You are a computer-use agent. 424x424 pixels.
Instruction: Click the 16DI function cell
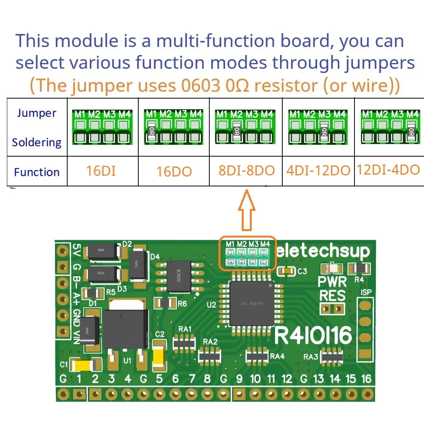(101, 171)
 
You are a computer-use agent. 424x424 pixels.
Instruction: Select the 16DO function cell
(174, 172)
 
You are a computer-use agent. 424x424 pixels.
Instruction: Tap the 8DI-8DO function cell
(246, 170)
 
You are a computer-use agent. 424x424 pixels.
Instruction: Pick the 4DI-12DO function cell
(318, 170)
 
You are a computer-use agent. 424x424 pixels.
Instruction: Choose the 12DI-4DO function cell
(388, 170)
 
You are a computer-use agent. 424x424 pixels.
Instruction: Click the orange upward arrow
(247, 210)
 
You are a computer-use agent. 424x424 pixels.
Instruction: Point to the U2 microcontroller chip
(252, 304)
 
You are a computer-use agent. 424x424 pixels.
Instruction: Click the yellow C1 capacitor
(83, 366)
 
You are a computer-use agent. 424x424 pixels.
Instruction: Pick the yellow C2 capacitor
(159, 358)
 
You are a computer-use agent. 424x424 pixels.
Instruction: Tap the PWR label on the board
(332, 282)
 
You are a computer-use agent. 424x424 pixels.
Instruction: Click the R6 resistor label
(182, 304)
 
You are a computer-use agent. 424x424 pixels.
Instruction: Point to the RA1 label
(185, 329)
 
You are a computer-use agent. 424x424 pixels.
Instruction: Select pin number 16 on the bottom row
(366, 379)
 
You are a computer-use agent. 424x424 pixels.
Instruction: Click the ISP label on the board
(366, 293)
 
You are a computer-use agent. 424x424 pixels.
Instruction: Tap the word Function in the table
(37, 172)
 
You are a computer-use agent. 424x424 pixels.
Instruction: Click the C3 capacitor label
(302, 271)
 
